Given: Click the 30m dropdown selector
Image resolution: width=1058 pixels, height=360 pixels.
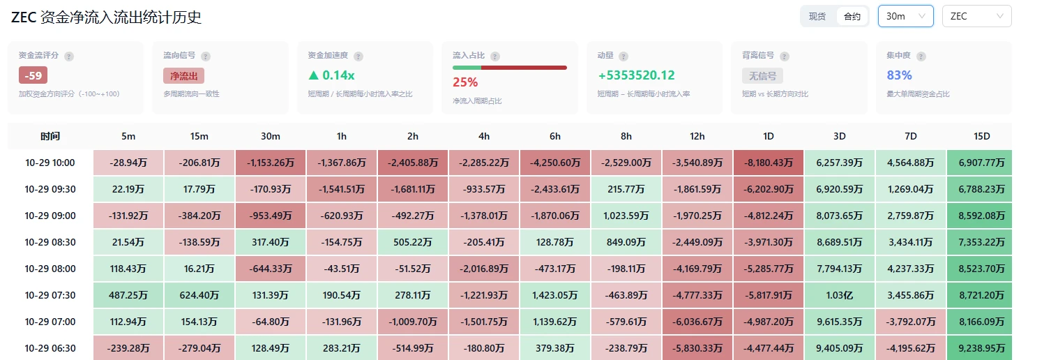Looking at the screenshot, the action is click(x=905, y=16).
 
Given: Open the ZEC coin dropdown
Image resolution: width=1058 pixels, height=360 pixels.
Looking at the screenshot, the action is click(x=977, y=16).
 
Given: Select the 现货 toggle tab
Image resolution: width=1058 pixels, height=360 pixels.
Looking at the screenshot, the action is click(x=817, y=17).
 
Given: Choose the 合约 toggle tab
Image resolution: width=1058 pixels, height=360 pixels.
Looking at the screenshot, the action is click(x=852, y=17).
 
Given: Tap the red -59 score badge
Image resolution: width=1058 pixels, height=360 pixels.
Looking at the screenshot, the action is click(x=33, y=75).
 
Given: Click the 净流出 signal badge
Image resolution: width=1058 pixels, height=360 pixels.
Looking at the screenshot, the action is click(x=183, y=75).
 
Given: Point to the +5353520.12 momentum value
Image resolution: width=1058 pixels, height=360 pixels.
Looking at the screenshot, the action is click(x=636, y=75).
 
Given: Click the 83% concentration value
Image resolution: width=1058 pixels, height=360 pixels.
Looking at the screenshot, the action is click(x=899, y=75).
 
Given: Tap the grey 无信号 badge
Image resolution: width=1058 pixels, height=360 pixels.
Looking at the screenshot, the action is click(x=762, y=75).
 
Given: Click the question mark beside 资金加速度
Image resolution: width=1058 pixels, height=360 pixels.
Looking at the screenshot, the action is click(x=358, y=57).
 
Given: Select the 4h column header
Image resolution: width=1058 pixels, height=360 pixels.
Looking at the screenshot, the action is click(x=483, y=136).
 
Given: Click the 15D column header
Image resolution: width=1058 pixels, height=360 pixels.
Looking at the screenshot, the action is click(x=981, y=136).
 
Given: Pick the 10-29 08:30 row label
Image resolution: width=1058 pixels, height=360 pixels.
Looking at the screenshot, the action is click(x=50, y=242).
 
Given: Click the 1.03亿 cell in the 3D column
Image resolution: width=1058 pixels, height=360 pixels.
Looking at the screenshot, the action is click(x=839, y=295).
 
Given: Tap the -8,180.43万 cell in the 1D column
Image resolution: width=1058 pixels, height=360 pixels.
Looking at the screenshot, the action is click(x=769, y=163).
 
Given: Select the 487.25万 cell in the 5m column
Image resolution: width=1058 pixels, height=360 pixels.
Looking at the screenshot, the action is click(x=128, y=295).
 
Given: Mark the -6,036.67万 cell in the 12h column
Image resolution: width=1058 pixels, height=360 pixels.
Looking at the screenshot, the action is click(x=697, y=322).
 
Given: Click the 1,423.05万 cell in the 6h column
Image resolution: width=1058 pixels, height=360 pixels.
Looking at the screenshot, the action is click(x=555, y=295).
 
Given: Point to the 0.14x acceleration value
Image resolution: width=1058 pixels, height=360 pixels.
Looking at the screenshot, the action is click(x=331, y=75).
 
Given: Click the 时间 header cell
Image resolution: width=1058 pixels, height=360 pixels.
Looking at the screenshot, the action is click(x=50, y=136).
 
